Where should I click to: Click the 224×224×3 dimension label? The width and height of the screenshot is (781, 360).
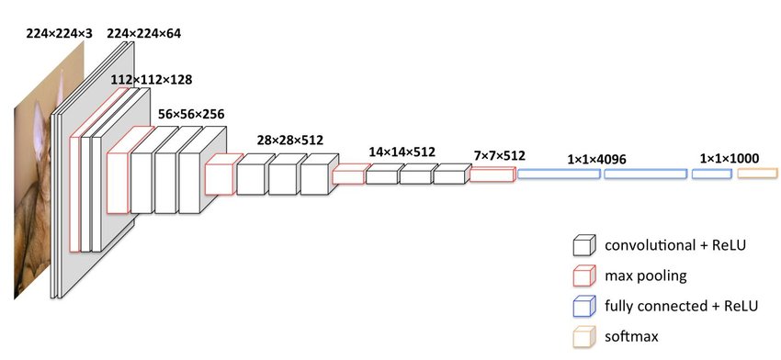click(59, 33)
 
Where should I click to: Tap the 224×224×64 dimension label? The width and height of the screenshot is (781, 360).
click(143, 33)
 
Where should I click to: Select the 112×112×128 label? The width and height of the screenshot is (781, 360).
click(151, 80)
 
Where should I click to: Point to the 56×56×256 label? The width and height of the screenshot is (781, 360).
click(191, 114)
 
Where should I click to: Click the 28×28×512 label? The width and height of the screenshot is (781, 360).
click(289, 140)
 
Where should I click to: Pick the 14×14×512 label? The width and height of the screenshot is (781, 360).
click(402, 152)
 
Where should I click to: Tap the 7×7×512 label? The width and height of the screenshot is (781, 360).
click(500, 156)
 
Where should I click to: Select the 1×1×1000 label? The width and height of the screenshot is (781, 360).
click(730, 159)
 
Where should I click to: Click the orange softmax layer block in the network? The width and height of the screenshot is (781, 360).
click(757, 174)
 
